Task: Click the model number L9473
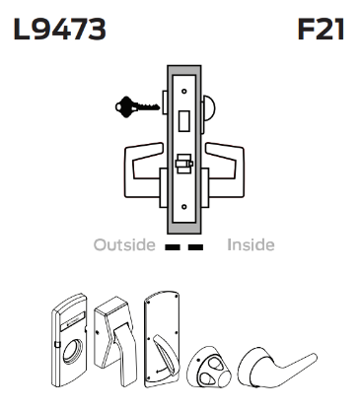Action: pyautogui.click(x=58, y=31)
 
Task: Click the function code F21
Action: pyautogui.click(x=321, y=31)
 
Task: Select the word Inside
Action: pyautogui.click(x=251, y=244)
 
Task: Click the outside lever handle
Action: pyautogui.click(x=140, y=162)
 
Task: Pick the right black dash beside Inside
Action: pyautogui.click(x=195, y=245)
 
